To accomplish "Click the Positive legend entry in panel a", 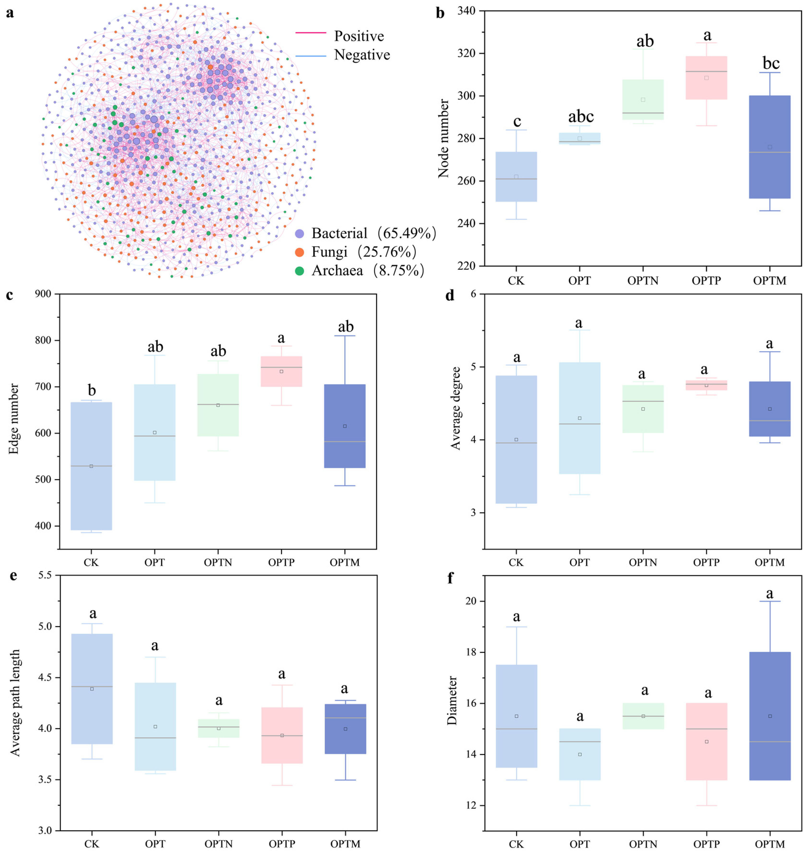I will coord(358,36).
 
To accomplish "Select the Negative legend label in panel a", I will coord(362,55).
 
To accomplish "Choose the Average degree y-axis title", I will coord(455,408).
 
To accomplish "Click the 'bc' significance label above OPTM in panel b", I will coord(771,63).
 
